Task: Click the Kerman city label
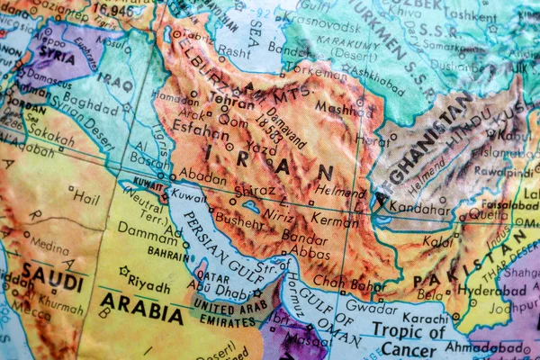[x=335, y=217]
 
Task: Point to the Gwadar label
[x=370, y=310]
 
